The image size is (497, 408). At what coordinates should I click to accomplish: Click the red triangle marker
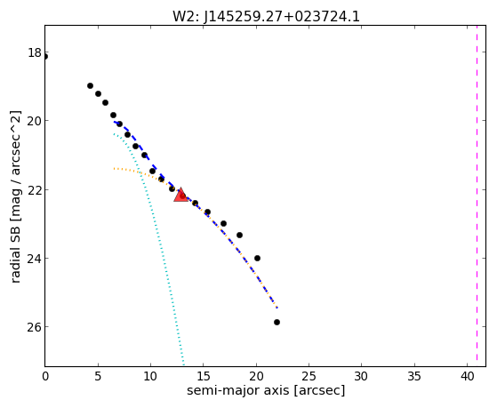click(180, 195)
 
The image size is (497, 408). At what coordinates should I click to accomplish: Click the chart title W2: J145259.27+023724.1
click(266, 17)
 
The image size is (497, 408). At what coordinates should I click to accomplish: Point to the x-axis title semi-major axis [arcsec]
click(266, 390)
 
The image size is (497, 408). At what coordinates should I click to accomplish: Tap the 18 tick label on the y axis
click(35, 52)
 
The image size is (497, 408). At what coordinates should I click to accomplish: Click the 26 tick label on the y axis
click(35, 327)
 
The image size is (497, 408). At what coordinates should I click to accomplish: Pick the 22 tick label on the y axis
click(35, 189)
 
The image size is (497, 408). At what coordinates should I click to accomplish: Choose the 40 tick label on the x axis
click(467, 376)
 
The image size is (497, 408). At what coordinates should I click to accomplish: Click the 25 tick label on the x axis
click(309, 376)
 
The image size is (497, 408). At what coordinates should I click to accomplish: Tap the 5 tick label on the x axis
click(98, 376)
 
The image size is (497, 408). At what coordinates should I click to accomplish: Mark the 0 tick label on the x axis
click(45, 376)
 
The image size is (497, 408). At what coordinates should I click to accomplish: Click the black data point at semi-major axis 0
click(45, 57)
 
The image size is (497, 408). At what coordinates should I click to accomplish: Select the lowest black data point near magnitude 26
click(277, 322)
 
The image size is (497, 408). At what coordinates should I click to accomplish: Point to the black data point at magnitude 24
click(257, 258)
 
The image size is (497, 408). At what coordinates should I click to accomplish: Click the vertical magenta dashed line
click(477, 196)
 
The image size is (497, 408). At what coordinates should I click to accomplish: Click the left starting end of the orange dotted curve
click(114, 168)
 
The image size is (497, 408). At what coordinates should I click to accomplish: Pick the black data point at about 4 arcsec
click(90, 85)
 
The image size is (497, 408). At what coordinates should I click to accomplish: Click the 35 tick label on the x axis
click(414, 376)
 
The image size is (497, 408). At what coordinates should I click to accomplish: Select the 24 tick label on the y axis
click(35, 259)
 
